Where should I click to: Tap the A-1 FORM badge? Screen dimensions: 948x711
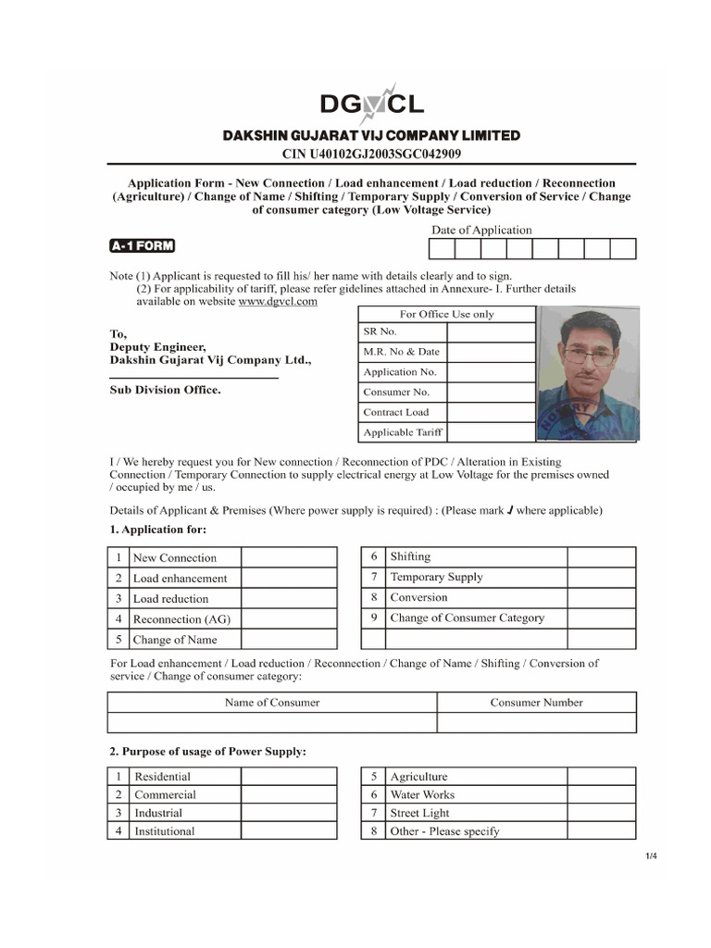142,246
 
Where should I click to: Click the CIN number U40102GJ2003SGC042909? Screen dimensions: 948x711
371,154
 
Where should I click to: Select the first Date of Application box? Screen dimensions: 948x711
442,248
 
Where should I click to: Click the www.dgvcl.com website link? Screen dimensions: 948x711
278,301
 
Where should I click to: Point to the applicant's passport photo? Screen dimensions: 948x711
587,373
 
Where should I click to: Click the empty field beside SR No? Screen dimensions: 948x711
491,332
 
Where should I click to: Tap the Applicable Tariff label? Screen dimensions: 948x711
403,432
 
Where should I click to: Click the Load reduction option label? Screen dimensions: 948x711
171,599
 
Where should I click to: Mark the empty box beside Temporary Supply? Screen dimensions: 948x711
601,577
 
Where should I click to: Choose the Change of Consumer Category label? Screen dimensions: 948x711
468,617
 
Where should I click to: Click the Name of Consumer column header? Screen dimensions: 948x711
272,703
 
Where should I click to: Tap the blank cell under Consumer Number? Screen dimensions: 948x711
536,723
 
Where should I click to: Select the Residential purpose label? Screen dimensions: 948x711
163,777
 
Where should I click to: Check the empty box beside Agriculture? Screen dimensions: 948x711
602,777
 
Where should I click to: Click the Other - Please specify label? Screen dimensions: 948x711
445,831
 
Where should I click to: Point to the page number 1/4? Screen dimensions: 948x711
652,855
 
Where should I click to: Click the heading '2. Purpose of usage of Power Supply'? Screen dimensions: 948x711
207,752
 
